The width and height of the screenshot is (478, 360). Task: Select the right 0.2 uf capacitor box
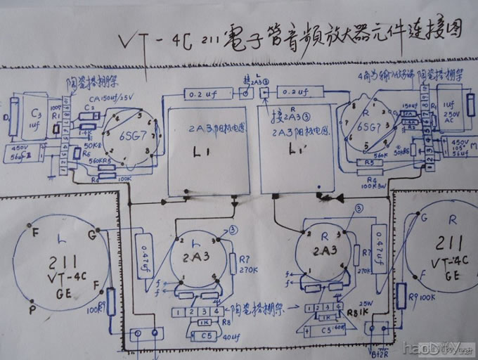(x=294, y=91)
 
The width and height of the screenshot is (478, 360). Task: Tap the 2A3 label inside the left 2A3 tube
(x=198, y=257)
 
